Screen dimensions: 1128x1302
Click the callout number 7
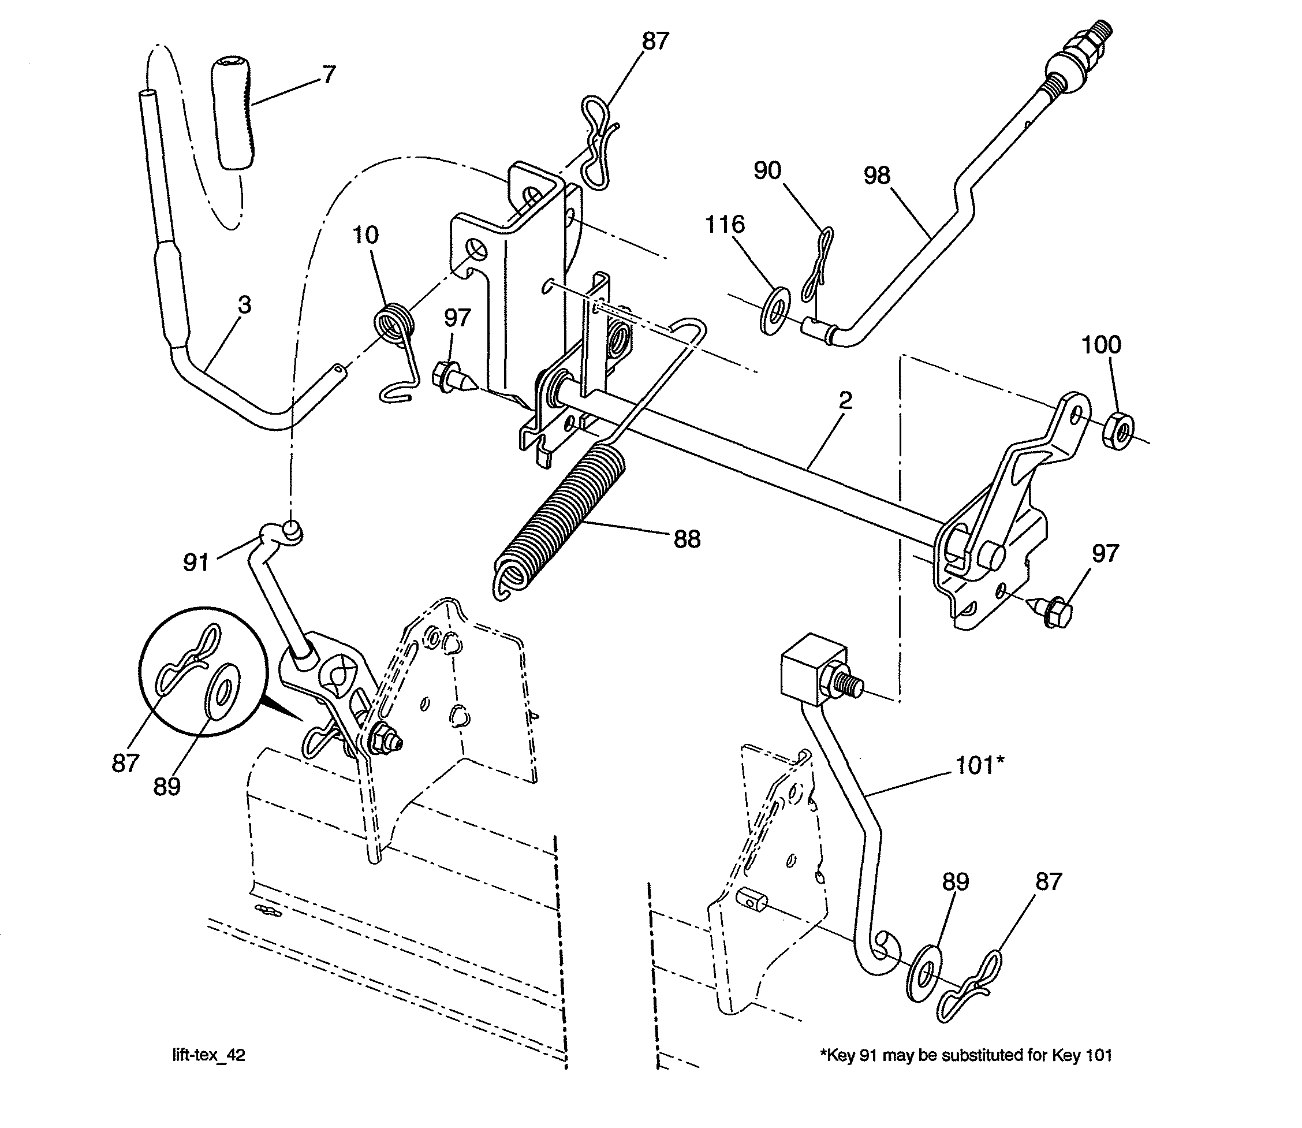(328, 75)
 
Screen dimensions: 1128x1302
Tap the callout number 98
(876, 176)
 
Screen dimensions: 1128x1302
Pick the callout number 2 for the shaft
(845, 400)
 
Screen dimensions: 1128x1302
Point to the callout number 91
(196, 562)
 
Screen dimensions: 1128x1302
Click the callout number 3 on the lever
(244, 306)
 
